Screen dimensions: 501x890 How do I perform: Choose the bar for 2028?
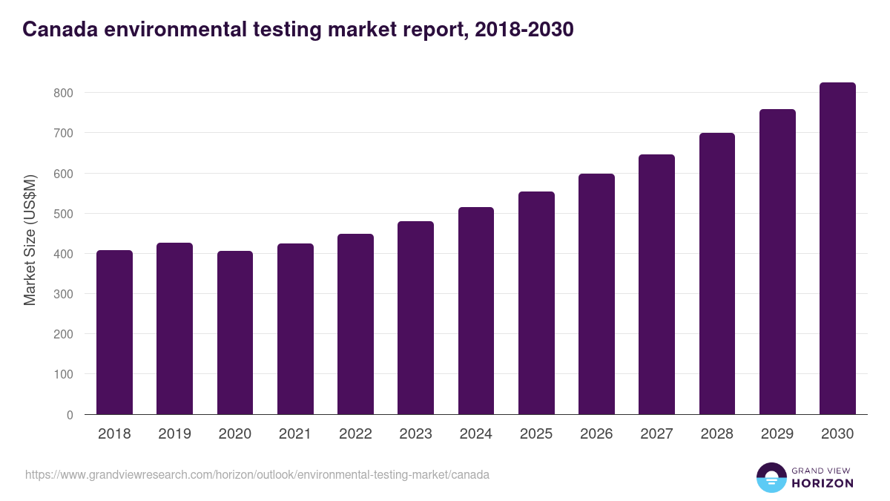[x=717, y=274]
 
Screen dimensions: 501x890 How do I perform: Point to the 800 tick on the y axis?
[x=63, y=93]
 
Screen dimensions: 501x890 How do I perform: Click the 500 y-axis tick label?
[x=63, y=214]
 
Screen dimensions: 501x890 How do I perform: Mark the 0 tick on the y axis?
[x=70, y=415]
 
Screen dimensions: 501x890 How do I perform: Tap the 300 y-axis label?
[x=63, y=294]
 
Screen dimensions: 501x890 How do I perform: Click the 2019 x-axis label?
[x=174, y=434]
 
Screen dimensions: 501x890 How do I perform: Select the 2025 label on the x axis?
[x=536, y=434]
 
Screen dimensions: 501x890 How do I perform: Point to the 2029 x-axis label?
[x=777, y=434]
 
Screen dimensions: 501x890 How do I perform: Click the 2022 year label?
[x=355, y=434]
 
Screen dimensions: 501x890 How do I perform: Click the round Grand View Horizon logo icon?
[x=771, y=477]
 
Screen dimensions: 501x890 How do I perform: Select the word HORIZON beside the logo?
[x=823, y=483]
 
